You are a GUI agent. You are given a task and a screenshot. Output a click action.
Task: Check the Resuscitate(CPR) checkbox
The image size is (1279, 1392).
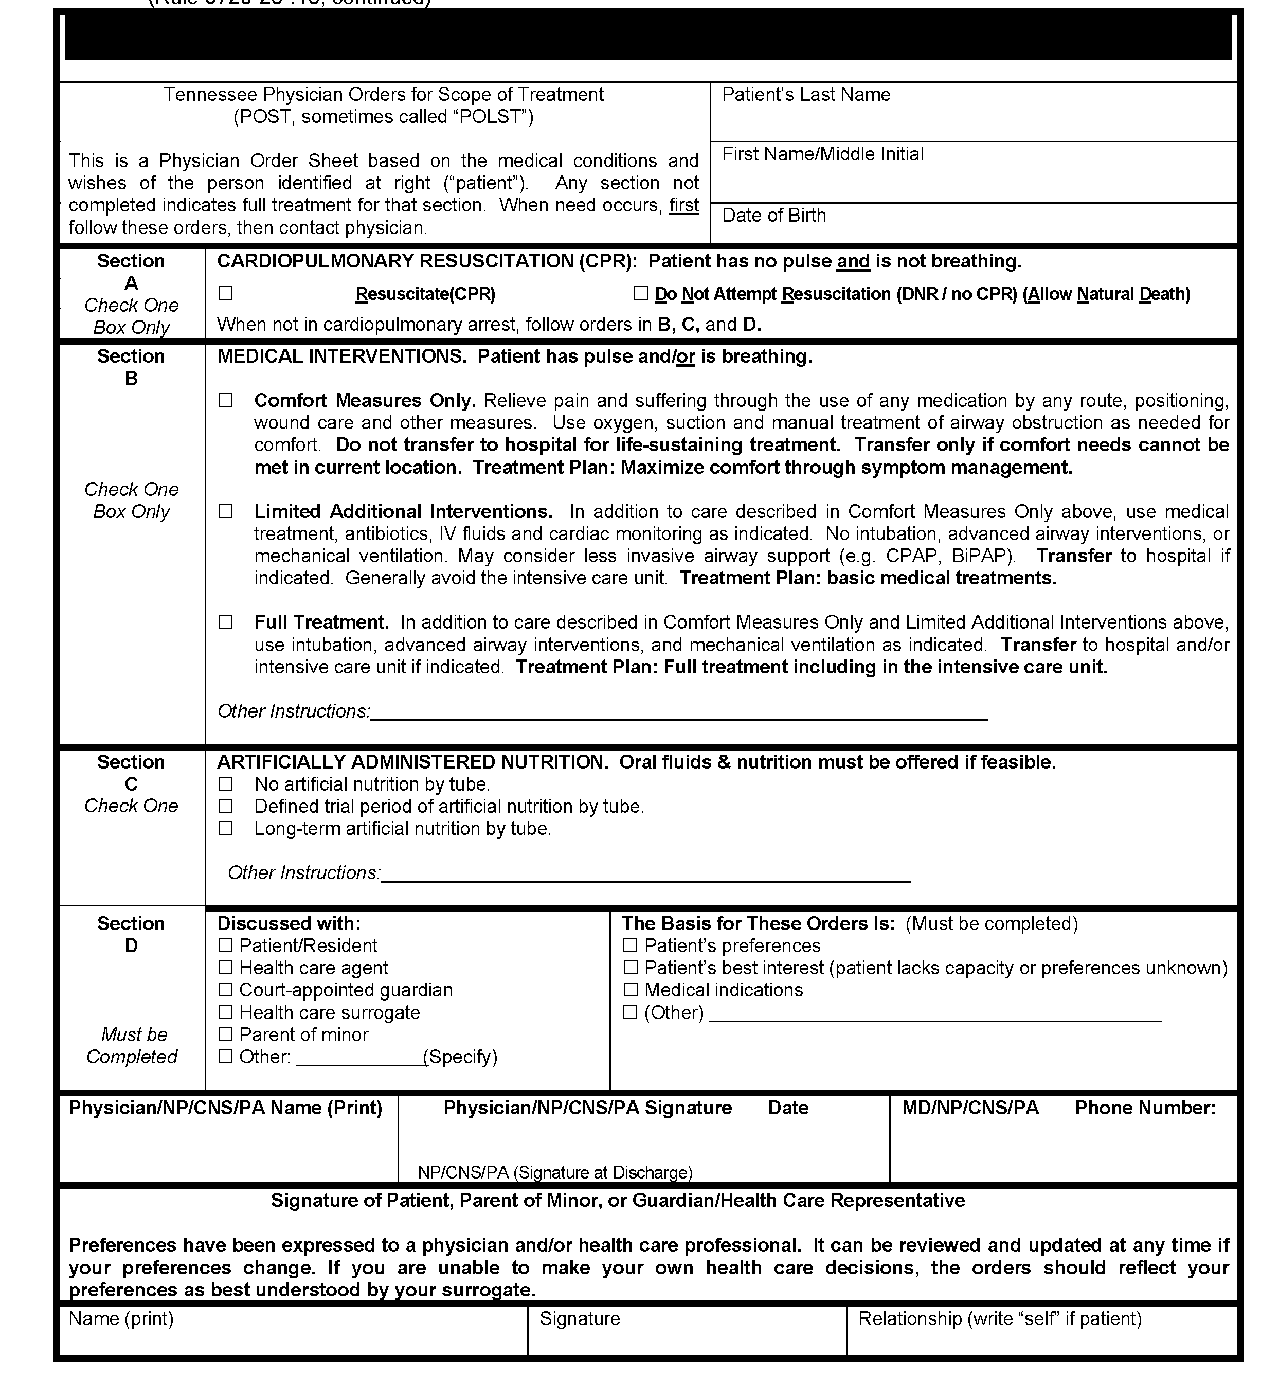point(226,294)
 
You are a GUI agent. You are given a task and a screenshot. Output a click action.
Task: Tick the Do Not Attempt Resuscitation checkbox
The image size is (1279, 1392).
point(641,294)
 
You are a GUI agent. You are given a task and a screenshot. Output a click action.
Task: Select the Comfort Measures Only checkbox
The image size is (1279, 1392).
point(226,400)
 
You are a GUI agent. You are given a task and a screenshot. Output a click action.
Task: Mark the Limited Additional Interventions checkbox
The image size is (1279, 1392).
point(226,511)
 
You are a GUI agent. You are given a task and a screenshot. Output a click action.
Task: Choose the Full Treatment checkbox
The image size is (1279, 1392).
point(226,621)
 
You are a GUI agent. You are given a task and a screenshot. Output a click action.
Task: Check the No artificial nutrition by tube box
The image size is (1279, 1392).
point(226,784)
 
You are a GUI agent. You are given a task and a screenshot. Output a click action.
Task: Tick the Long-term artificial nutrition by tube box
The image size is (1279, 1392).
point(226,829)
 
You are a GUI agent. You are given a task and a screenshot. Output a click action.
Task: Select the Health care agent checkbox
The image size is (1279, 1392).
point(226,968)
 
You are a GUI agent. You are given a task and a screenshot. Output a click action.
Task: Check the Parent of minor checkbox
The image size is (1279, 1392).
point(226,1034)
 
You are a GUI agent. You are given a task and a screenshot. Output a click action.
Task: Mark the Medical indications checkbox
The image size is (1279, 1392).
point(631,990)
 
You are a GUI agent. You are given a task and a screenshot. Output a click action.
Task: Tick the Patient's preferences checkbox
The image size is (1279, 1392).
point(631,945)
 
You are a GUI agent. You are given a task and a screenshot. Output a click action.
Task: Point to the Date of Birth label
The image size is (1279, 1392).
point(774,215)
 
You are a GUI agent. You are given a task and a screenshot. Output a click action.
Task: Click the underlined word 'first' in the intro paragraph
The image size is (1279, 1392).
point(684,206)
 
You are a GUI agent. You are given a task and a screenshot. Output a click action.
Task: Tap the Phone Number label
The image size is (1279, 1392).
point(1145,1108)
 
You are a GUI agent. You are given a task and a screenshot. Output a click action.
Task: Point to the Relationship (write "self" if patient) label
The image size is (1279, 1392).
point(999,1318)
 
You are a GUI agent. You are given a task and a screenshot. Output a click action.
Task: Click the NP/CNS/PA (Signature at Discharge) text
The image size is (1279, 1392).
point(555,1172)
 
